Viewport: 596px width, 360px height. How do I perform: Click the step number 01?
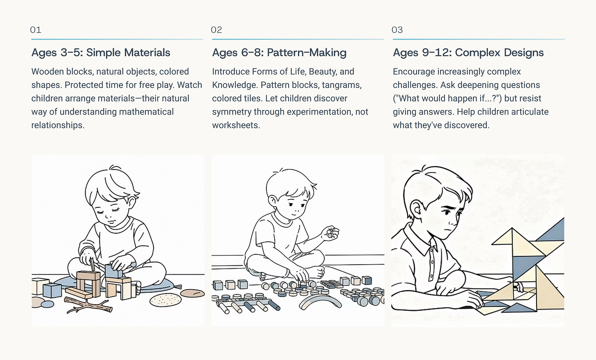[x=36, y=30]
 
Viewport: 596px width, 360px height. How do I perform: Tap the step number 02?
[x=216, y=30]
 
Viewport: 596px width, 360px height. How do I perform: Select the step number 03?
[x=397, y=30]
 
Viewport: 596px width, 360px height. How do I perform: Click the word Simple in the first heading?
[x=103, y=53]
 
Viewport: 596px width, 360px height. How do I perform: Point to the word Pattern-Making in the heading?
[x=307, y=53]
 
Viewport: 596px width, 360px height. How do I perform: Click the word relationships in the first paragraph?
[x=58, y=125]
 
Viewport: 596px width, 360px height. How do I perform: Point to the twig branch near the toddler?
[x=88, y=305]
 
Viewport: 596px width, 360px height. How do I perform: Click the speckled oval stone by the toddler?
[x=165, y=300]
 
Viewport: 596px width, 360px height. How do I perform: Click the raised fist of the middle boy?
[x=330, y=233]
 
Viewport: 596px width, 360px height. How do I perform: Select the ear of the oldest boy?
[x=417, y=210]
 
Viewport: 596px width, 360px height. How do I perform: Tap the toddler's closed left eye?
[x=100, y=212]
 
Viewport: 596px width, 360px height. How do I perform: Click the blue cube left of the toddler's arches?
[x=52, y=290]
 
